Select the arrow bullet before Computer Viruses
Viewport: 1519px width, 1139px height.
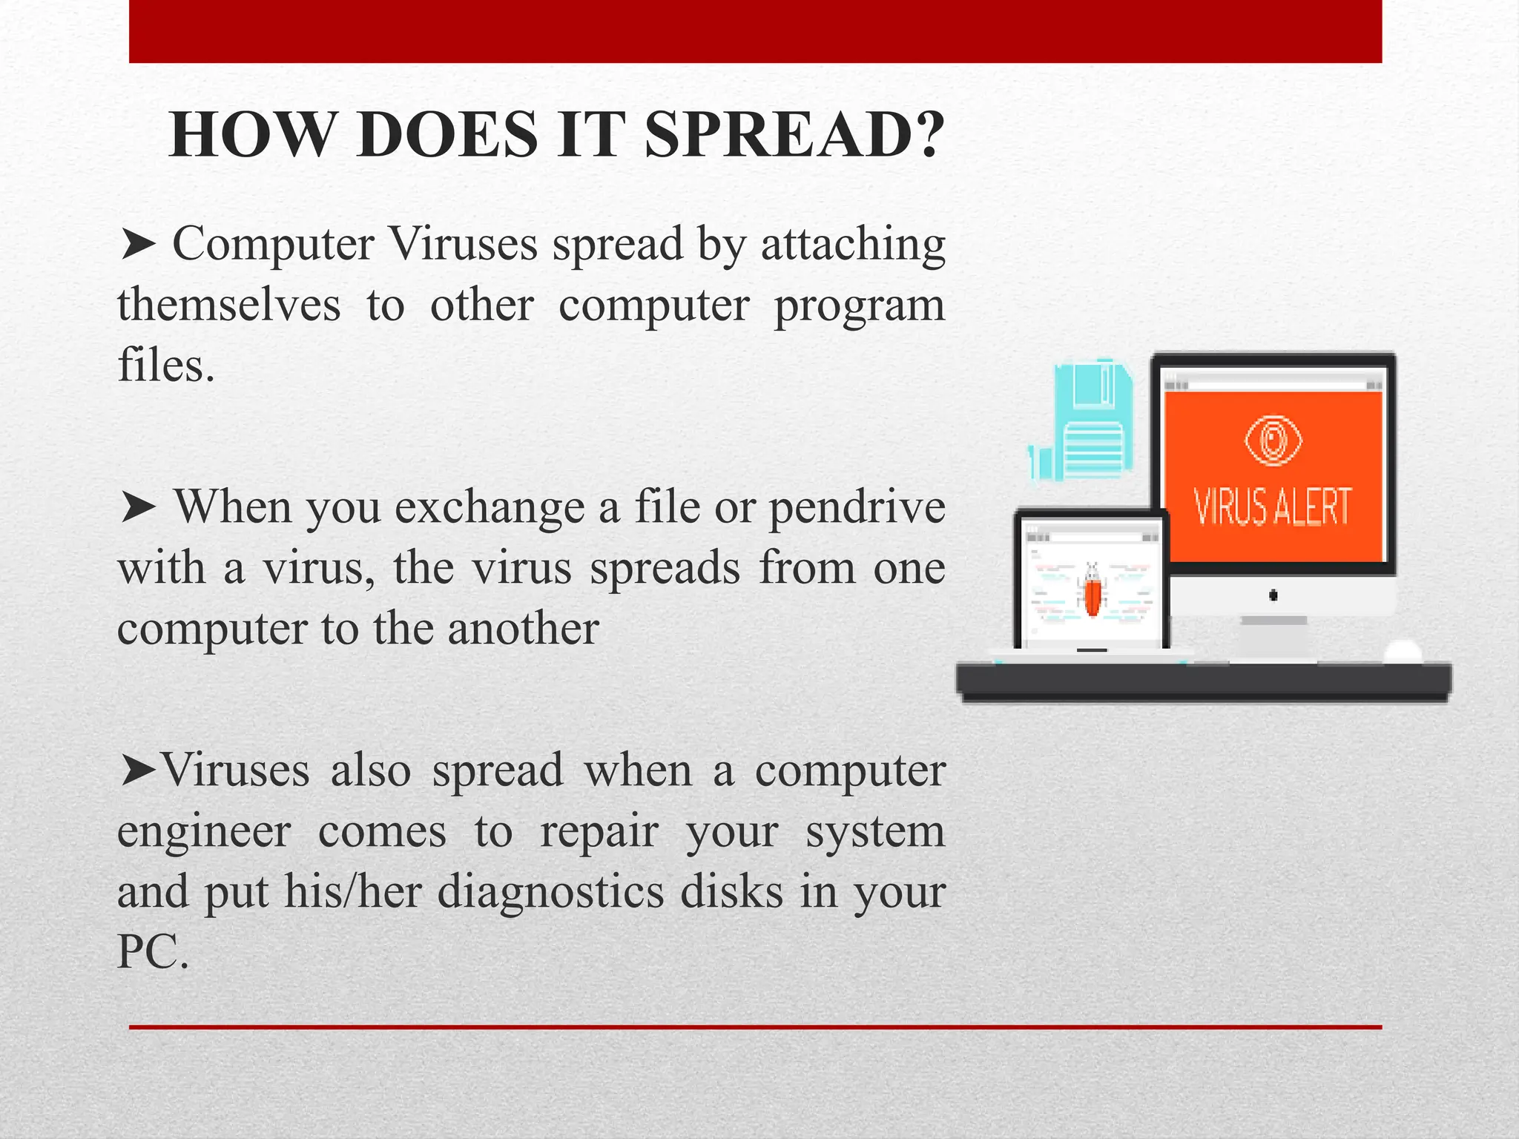pos(138,245)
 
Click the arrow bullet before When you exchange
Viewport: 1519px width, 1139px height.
pos(138,509)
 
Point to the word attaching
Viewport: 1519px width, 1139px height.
pos(853,245)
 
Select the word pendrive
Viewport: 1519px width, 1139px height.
pos(857,509)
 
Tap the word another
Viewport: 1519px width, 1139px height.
pos(523,629)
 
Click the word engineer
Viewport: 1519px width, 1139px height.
pos(204,832)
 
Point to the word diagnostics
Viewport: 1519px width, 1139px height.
pos(550,892)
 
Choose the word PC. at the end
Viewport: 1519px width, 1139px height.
pos(153,952)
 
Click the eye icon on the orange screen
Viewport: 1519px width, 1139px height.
pos(1273,440)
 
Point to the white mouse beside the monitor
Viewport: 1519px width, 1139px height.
pos(1403,653)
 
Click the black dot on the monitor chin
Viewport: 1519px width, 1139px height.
pos(1273,595)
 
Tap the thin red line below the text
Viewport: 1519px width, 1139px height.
pos(755,1027)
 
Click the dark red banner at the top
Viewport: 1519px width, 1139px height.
pos(755,31)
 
